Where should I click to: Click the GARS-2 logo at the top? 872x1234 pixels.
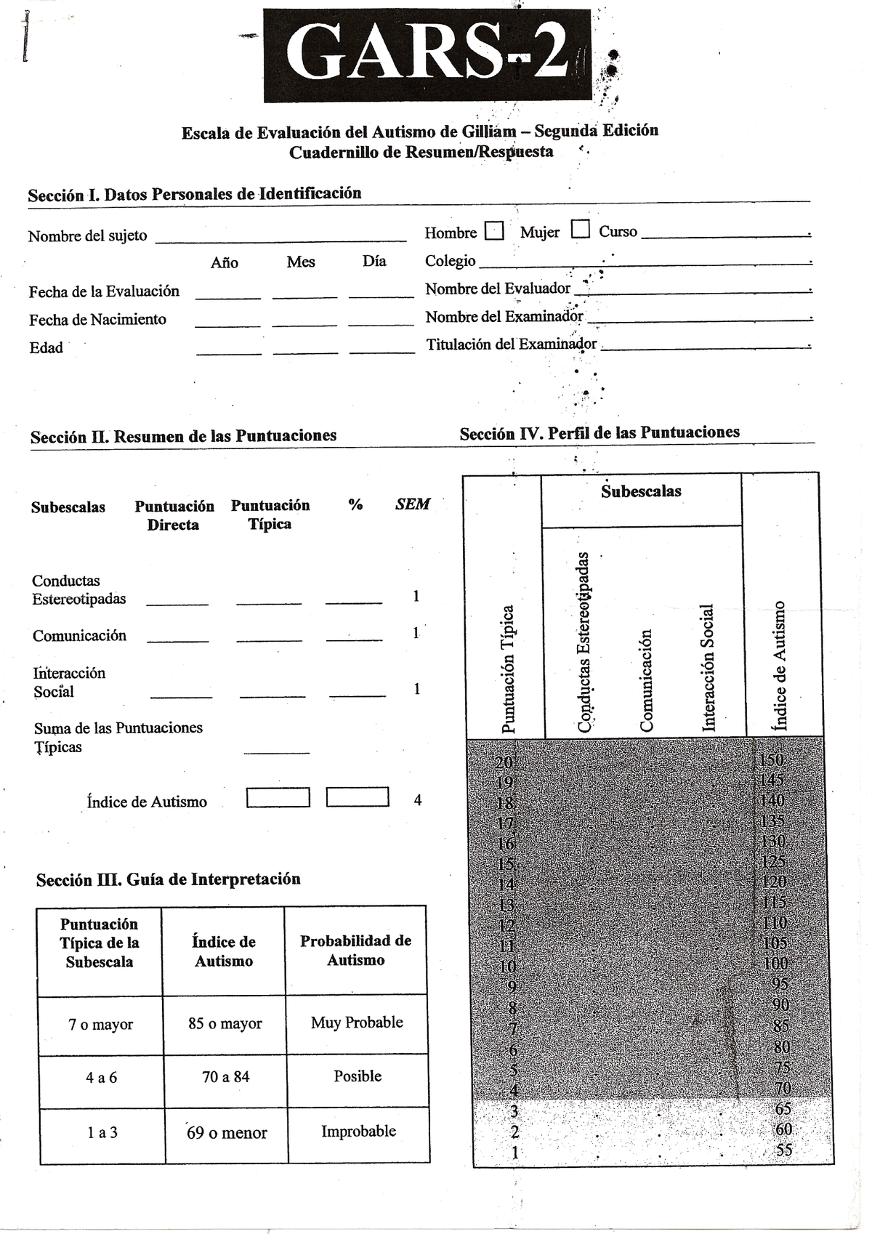[427, 56]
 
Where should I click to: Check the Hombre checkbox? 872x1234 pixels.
[494, 231]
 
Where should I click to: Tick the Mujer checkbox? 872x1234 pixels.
[580, 230]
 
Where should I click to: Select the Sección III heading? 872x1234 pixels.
[168, 879]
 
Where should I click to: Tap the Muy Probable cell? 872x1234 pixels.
[357, 1023]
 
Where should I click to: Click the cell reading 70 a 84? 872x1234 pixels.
[225, 1077]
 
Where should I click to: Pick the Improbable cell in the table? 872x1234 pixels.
[358, 1132]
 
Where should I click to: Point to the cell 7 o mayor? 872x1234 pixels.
[100, 1025]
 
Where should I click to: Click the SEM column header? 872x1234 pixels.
[413, 504]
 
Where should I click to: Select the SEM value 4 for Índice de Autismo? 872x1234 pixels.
[417, 800]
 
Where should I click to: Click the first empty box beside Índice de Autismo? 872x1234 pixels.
[278, 798]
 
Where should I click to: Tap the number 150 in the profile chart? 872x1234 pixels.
[771, 760]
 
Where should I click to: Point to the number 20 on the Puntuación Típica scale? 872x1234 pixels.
[504, 762]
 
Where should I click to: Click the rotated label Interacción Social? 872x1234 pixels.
[708, 667]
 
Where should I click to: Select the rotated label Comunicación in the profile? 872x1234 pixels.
[646, 680]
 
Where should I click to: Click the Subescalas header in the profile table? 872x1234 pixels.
[641, 491]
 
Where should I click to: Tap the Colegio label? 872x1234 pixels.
[451, 261]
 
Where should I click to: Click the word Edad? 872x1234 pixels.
[46, 348]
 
